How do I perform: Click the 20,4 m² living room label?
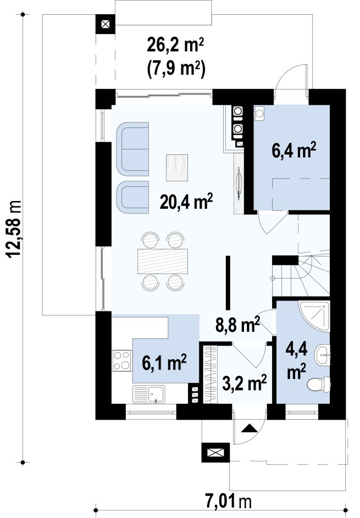pyautogui.click(x=186, y=201)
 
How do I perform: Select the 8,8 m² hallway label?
pyautogui.click(x=237, y=325)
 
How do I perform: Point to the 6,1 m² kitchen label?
pyautogui.click(x=164, y=363)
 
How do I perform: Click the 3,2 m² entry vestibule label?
pyautogui.click(x=245, y=383)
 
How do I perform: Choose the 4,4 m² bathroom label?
pyautogui.click(x=296, y=361)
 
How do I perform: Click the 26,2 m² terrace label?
pyautogui.click(x=175, y=46)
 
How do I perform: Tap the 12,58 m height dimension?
pyautogui.click(x=14, y=229)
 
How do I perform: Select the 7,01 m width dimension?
pyautogui.click(x=229, y=502)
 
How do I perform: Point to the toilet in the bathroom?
pyautogui.click(x=319, y=384)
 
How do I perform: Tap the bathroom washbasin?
pyautogui.click(x=322, y=355)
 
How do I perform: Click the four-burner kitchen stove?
pyautogui.click(x=122, y=360)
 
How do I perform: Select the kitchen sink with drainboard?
pyautogui.click(x=149, y=394)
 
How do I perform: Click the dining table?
pyautogui.click(x=163, y=261)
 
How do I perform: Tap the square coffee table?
pyautogui.click(x=177, y=168)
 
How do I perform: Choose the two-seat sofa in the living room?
pyautogui.click(x=132, y=149)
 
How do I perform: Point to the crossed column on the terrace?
pyautogui.click(x=105, y=24)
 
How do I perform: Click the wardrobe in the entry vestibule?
pyautogui.click(x=209, y=374)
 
